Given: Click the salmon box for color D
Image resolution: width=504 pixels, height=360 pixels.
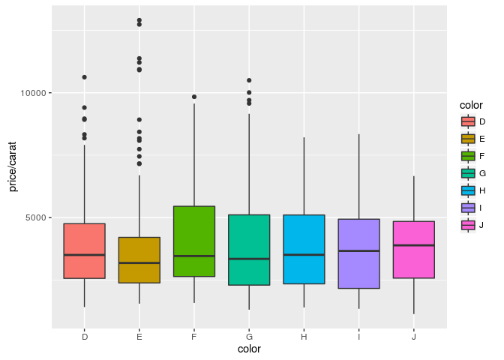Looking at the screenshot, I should tap(84, 251).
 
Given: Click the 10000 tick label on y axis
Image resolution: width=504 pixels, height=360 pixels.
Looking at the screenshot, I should tap(34, 93).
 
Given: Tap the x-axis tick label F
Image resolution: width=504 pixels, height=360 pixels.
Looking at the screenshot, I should tap(193, 337).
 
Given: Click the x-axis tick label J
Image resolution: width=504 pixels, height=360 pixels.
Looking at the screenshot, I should tap(413, 337).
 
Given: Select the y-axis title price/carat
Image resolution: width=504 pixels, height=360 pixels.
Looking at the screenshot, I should tap(13, 170).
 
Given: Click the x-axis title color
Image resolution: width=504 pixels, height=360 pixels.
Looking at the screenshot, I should tap(248, 349).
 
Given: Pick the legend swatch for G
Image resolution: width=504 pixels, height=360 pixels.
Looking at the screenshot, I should tap(469, 173).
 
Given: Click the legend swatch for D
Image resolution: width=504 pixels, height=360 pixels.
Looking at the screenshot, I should tap(469, 121).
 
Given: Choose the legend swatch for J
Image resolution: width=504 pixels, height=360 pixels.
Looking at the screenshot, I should tap(469, 225).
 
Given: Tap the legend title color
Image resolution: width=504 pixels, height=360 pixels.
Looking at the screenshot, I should tap(472, 106).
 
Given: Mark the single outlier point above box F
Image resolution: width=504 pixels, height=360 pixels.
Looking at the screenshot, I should tap(193, 97).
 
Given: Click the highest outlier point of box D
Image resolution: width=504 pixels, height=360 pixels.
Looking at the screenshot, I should tap(84, 77).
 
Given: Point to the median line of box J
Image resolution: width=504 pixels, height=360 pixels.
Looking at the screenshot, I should tap(413, 245).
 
